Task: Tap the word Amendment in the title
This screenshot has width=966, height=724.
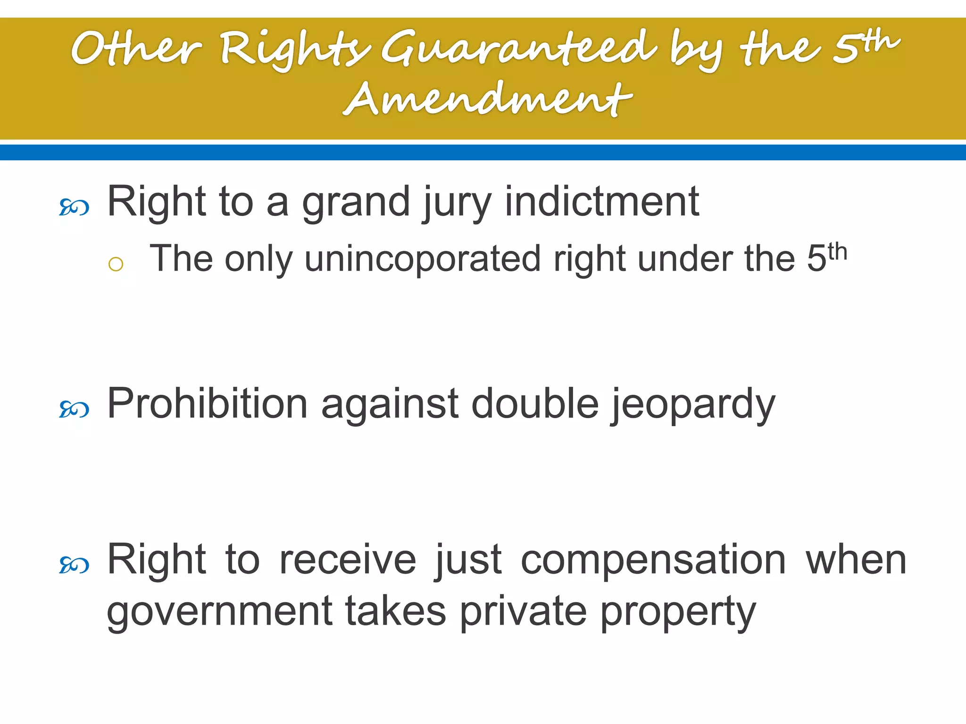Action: point(488,99)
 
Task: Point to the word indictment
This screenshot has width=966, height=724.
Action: point(602,202)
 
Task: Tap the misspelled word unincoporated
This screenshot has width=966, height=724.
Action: point(423,259)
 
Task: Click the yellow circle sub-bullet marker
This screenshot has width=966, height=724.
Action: point(116,264)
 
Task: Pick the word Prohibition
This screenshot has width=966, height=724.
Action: point(208,404)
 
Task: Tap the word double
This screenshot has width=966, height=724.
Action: point(535,404)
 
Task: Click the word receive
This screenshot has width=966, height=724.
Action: point(348,560)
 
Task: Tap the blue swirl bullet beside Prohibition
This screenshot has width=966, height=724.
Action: point(74,409)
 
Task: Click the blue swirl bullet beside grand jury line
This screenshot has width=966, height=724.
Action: point(74,207)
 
